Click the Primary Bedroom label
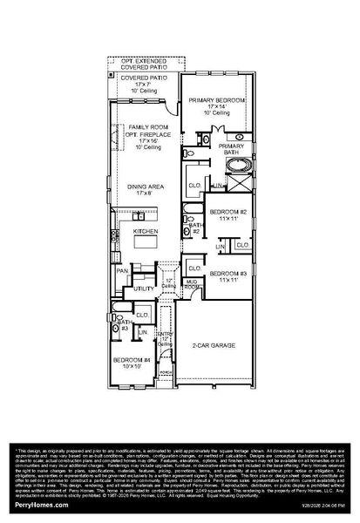[209, 100]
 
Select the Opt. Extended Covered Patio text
[143, 62]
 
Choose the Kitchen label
[145, 232]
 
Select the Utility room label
[144, 288]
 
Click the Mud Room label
[192, 284]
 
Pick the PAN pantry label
[123, 271]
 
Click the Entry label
[166, 336]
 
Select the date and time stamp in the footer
[321, 506]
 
